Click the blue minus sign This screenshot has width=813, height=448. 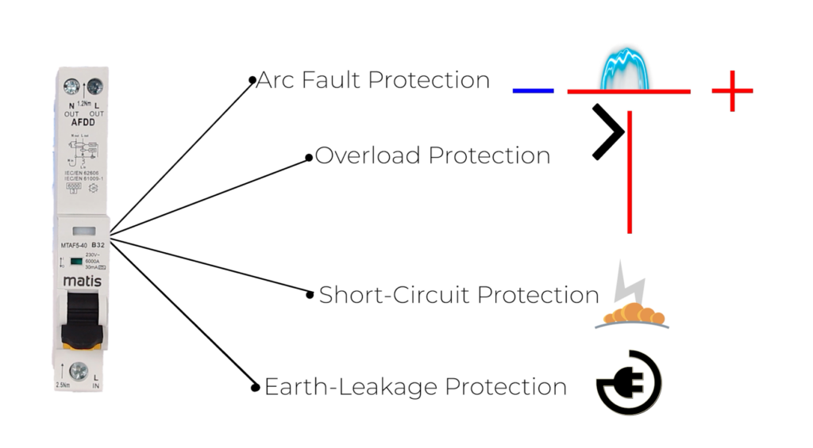point(533,90)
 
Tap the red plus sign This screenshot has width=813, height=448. point(731,90)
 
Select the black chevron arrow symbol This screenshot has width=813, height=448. point(607,132)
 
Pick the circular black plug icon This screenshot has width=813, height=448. point(629,383)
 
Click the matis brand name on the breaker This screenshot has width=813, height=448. point(82,281)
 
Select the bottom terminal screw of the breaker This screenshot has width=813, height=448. point(79,371)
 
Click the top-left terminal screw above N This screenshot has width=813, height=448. point(71,86)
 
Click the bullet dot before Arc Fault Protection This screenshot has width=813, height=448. point(252,80)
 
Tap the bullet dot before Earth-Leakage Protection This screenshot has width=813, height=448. point(256,388)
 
